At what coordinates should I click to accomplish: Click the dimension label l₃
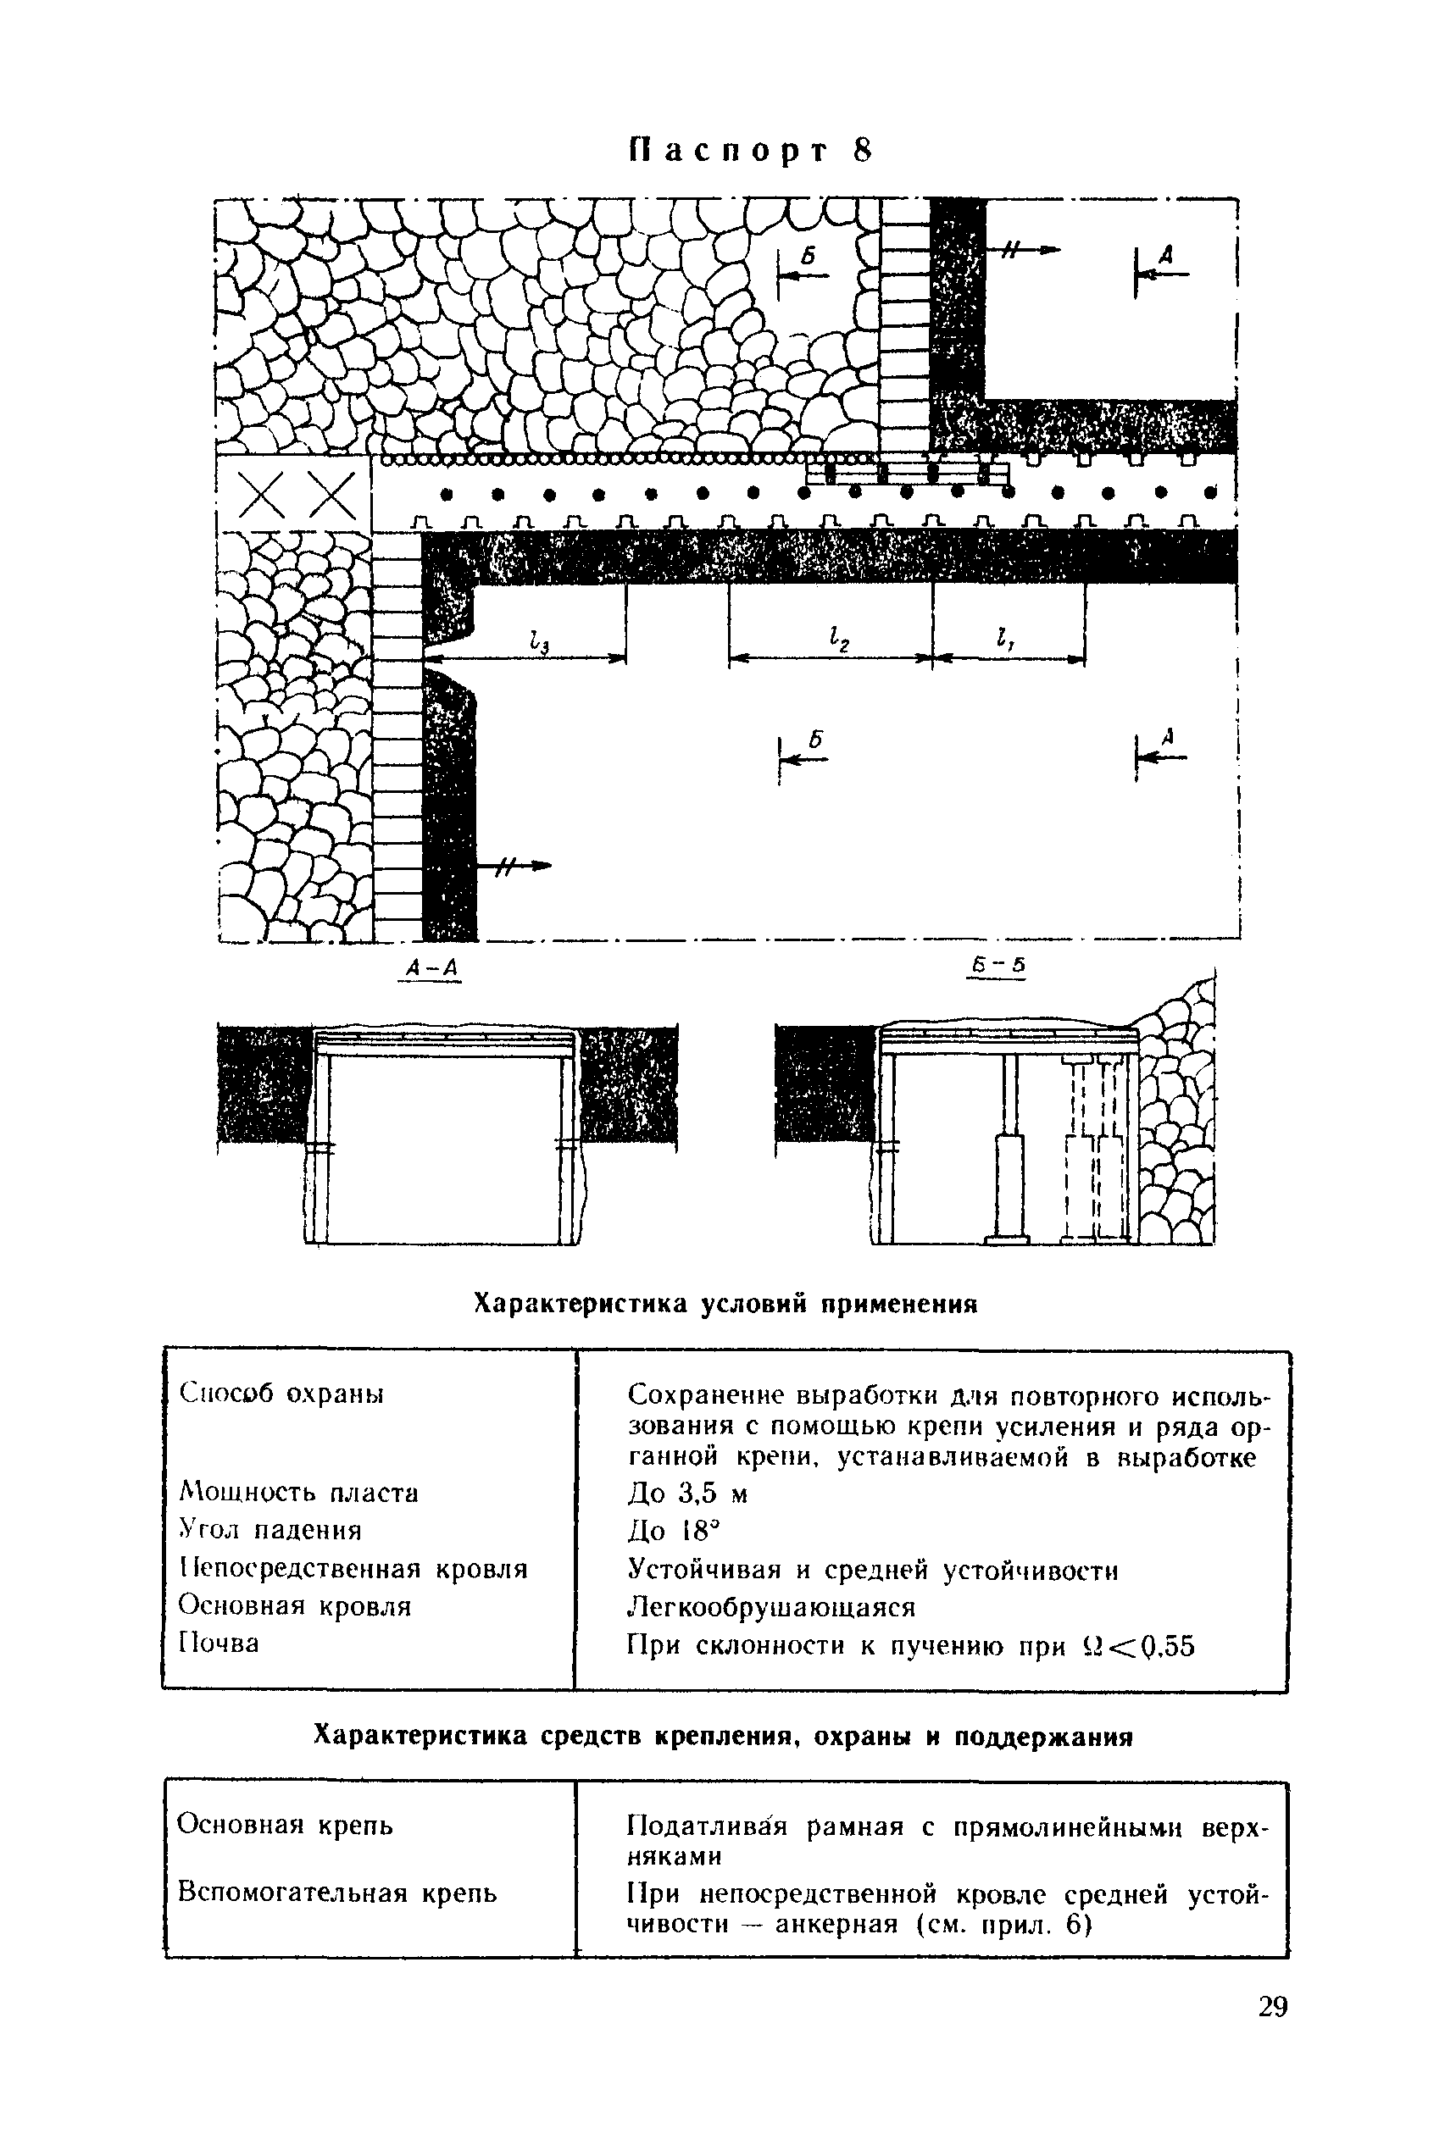tap(537, 640)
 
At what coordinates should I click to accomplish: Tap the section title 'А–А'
tap(430, 968)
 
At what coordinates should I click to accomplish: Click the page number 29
tap(1273, 2007)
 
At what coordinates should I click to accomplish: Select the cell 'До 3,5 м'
tap(686, 1494)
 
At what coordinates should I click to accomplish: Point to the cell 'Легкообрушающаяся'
tap(771, 1606)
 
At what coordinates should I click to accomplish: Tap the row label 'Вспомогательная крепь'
tap(336, 1892)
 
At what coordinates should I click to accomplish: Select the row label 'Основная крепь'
tap(285, 1825)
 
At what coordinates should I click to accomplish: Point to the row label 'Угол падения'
tap(270, 1530)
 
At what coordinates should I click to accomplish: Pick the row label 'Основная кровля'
tap(294, 1605)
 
